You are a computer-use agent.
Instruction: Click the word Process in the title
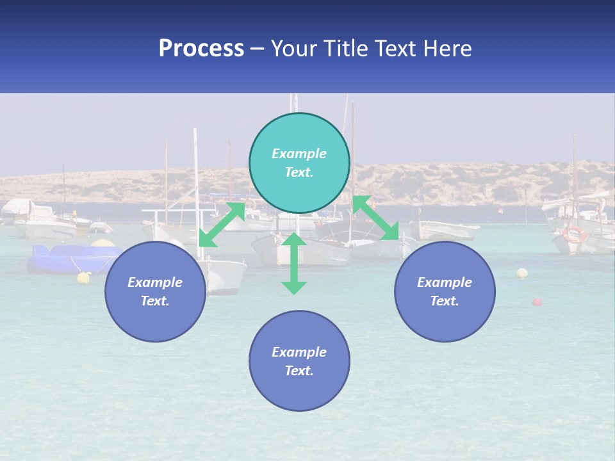(201, 49)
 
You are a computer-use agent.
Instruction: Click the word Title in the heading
(344, 49)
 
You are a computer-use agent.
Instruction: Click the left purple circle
(155, 291)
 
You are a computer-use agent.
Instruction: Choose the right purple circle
(445, 291)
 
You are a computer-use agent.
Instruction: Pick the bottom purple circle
(299, 360)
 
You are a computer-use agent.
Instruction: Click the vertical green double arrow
(294, 263)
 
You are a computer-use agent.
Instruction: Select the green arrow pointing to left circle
(222, 224)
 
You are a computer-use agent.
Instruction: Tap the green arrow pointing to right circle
(376, 218)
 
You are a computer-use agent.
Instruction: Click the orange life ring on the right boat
(573, 234)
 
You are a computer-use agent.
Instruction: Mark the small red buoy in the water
(537, 302)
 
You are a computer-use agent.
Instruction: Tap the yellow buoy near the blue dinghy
(83, 277)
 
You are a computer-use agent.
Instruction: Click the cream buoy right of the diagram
(522, 273)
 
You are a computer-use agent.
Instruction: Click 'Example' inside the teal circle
(299, 154)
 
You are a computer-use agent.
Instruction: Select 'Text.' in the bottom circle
(299, 371)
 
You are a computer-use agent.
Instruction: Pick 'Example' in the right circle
(445, 282)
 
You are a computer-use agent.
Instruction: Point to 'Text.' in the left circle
(155, 301)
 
